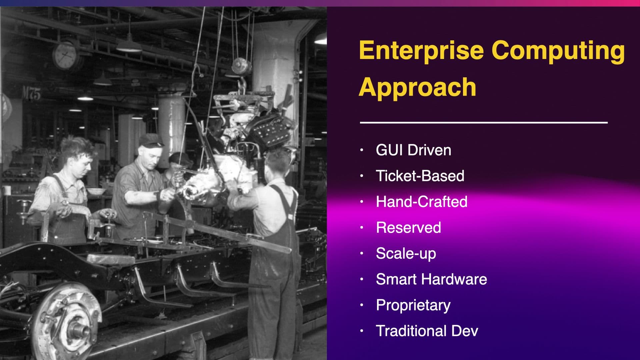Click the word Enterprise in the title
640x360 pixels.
421,51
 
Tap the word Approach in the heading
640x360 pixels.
418,87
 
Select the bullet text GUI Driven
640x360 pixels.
413,150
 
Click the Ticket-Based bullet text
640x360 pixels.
420,176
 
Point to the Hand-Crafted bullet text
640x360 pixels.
422,202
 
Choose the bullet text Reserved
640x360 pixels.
408,227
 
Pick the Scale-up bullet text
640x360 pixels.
406,254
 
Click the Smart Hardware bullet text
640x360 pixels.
431,279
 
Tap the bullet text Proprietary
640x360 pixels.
413,305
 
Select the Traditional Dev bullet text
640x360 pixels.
427,331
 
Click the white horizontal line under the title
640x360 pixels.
484,123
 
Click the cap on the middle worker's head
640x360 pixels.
151,140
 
